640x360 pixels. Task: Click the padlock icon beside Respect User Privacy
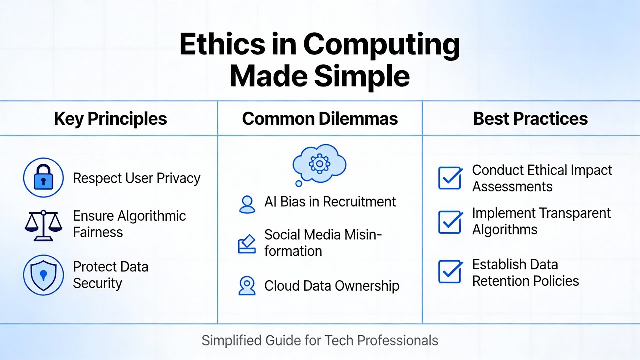coord(43,178)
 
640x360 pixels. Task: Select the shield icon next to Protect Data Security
coord(43,275)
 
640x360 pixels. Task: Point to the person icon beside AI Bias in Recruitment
coord(247,203)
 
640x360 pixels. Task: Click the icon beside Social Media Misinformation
coord(247,244)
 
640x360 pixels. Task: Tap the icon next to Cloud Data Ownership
coord(247,285)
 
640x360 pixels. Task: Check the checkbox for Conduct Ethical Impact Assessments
coord(450,178)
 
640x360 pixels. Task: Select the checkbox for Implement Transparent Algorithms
coord(450,222)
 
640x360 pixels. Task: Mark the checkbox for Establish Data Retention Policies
coord(450,272)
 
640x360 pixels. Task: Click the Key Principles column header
coord(110,119)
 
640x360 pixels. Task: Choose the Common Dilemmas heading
coord(320,119)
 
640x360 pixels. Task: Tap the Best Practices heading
coord(530,119)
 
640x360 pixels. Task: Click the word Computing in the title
coord(381,45)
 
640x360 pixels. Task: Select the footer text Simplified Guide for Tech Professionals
coord(320,341)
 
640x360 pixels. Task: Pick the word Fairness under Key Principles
coord(98,232)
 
